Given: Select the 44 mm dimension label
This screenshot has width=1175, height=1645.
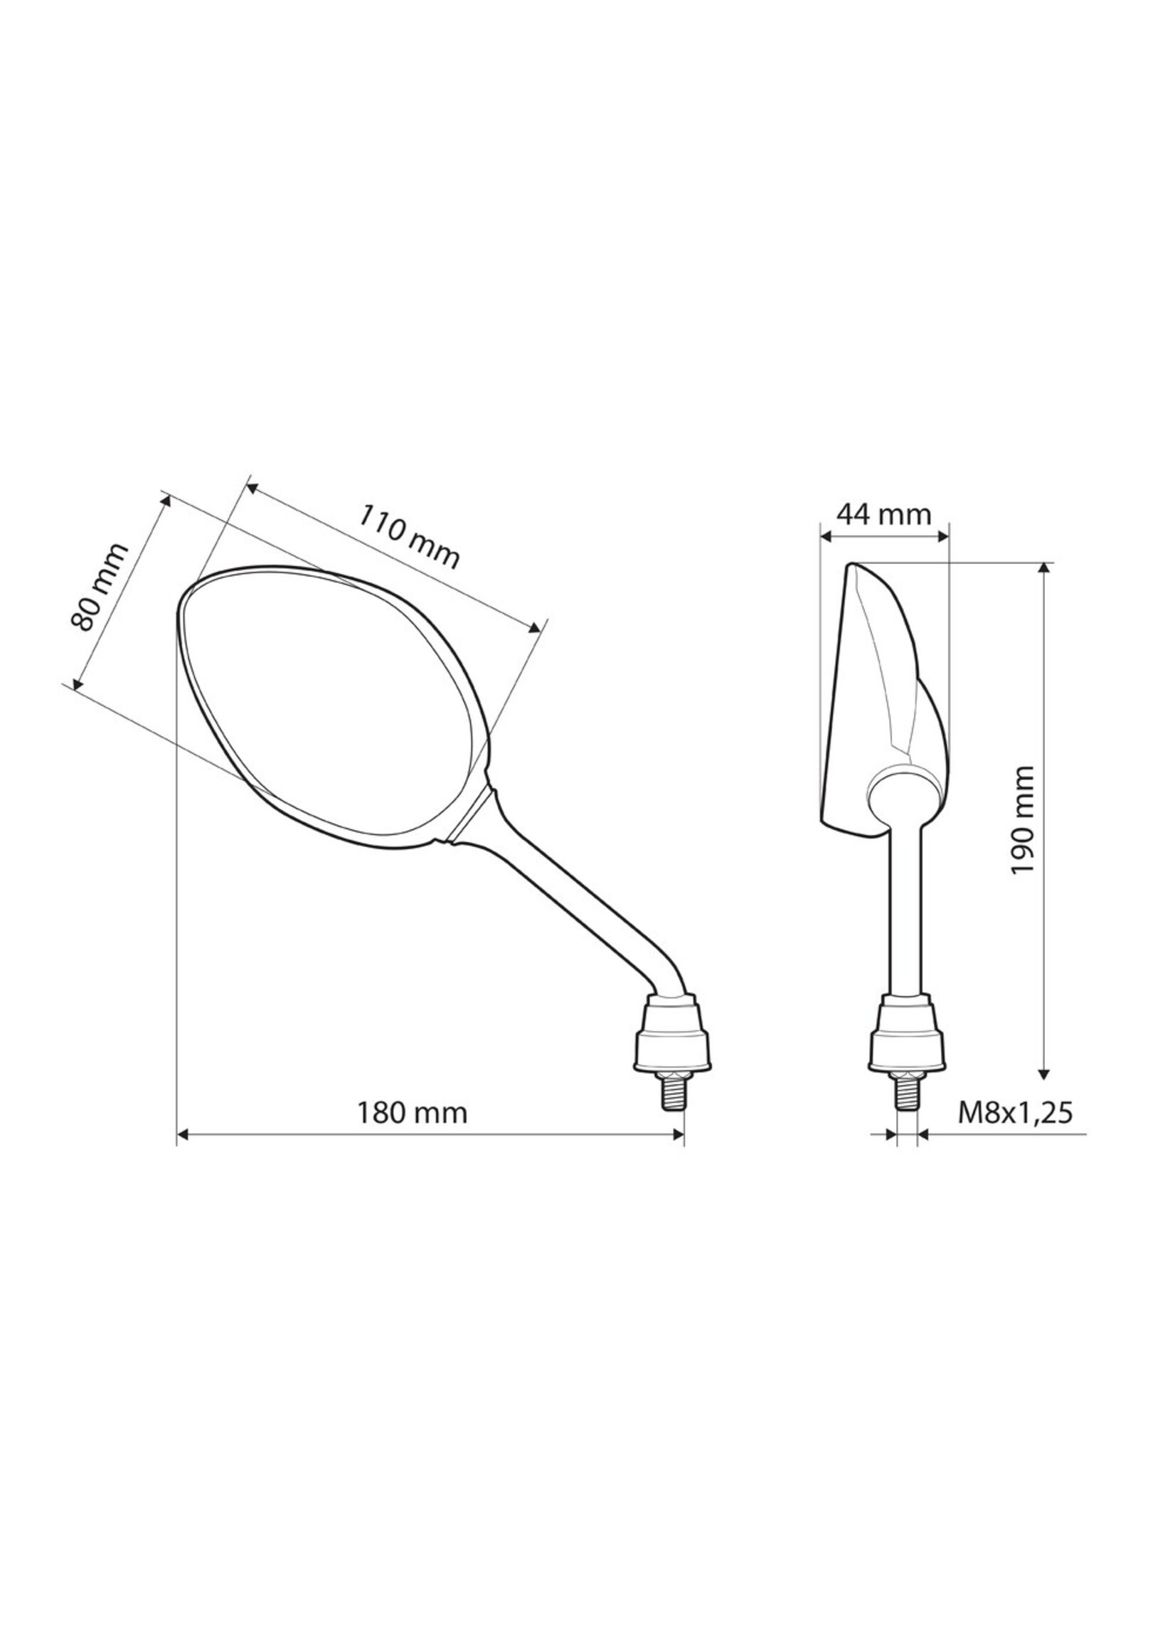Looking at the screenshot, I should (x=883, y=514).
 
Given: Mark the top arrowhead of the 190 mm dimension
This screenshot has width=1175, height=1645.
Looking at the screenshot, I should (x=1043, y=568).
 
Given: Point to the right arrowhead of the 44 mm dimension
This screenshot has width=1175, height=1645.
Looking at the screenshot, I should (x=942, y=536).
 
